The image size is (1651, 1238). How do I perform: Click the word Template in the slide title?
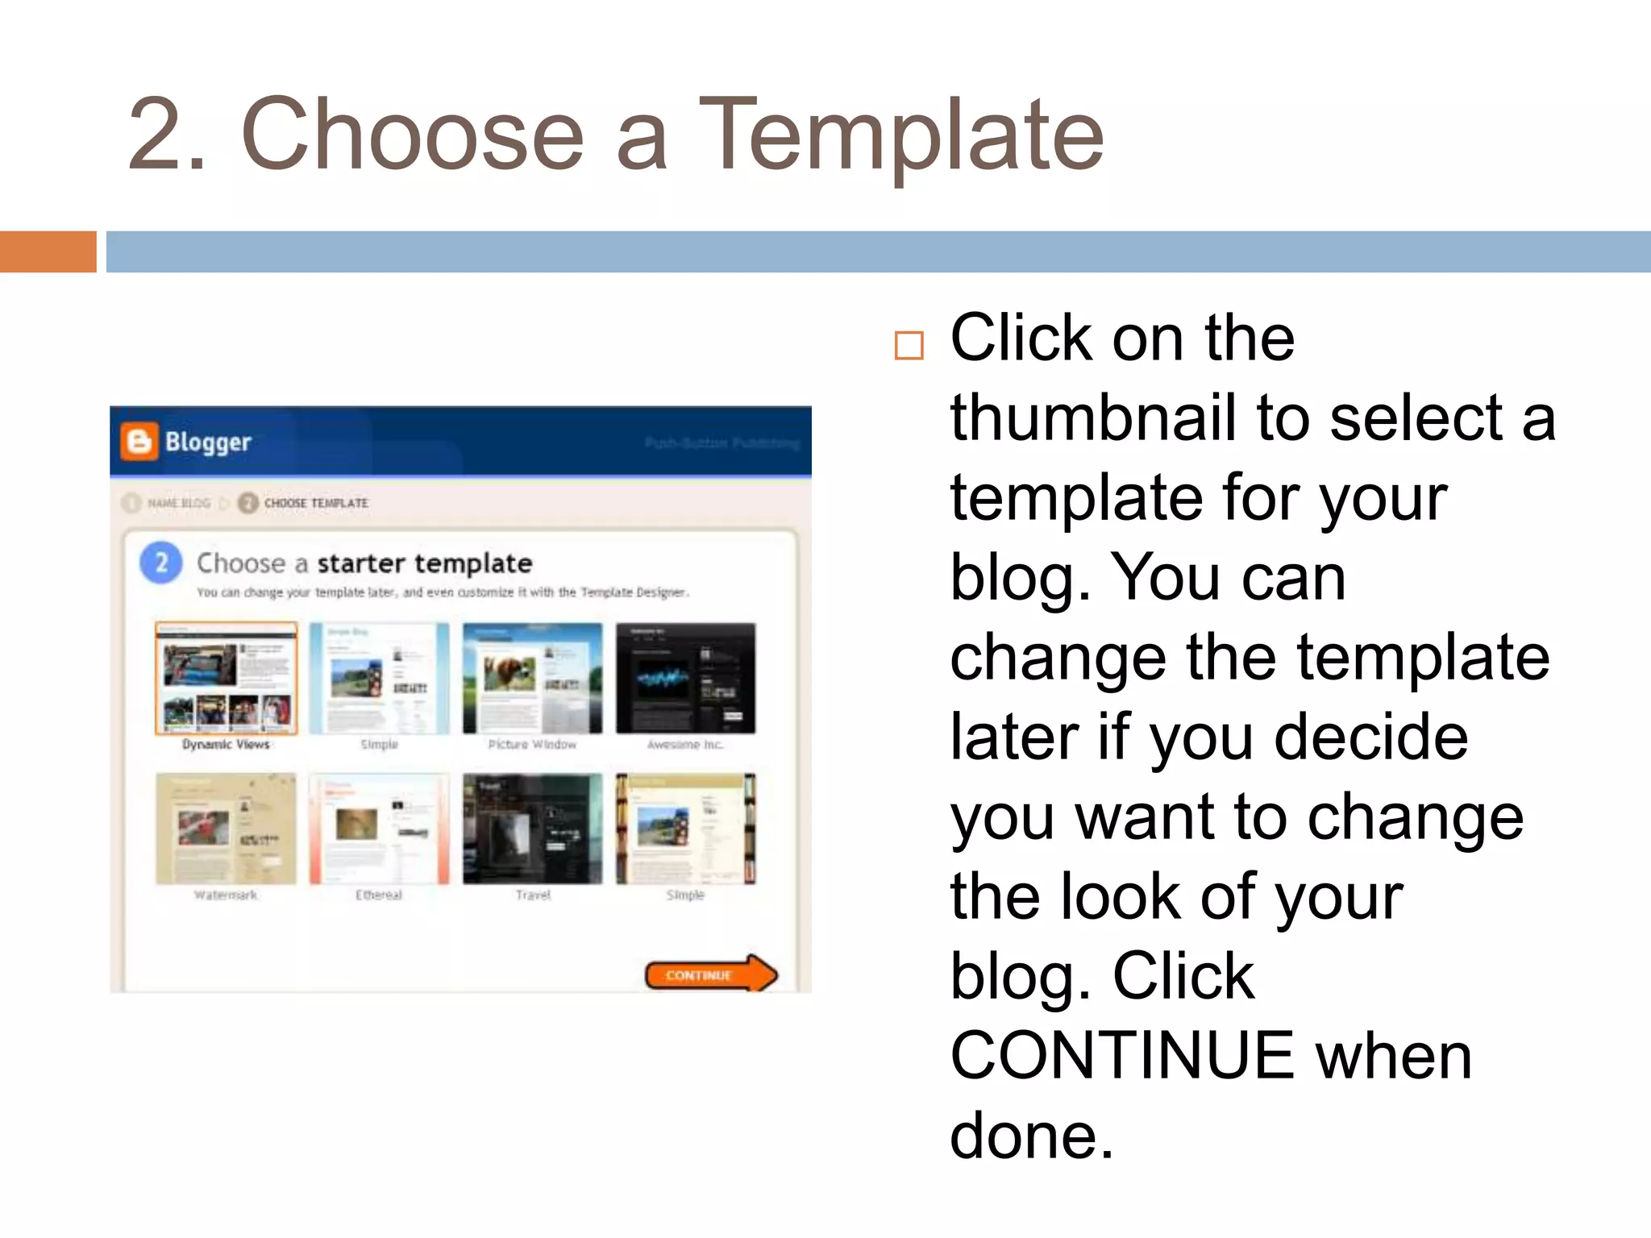click(x=900, y=135)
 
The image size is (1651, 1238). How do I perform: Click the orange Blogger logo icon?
click(x=139, y=442)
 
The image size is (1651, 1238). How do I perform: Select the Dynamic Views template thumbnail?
click(x=226, y=678)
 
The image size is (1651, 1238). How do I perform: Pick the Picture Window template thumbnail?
click(x=532, y=678)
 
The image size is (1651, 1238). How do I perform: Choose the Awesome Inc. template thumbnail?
click(x=685, y=678)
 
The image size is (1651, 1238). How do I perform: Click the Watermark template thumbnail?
click(x=226, y=829)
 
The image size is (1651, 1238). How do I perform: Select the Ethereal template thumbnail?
click(x=379, y=829)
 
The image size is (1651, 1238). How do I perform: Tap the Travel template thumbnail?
click(x=532, y=829)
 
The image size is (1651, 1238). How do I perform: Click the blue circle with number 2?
click(x=161, y=562)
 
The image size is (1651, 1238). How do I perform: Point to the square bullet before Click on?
click(x=909, y=345)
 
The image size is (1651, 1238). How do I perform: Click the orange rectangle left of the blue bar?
click(x=48, y=251)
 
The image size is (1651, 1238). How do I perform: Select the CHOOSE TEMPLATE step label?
click(x=315, y=503)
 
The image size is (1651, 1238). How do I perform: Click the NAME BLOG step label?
click(x=178, y=503)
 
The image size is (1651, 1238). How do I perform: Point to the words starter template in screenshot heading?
click(x=424, y=563)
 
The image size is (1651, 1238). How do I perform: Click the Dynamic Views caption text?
click(x=226, y=744)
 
